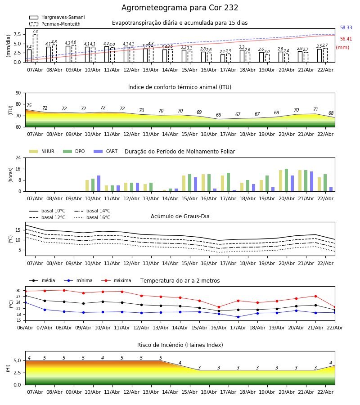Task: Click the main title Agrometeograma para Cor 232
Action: pyautogui.click(x=180, y=8)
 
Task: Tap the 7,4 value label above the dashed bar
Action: pyautogui.click(x=35, y=31)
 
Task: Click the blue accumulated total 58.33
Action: pyautogui.click(x=346, y=28)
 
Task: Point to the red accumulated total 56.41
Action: pyautogui.click(x=346, y=39)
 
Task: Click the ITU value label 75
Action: pyautogui.click(x=29, y=106)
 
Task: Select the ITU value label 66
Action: pyautogui.click(x=219, y=115)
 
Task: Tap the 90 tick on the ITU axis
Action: pyautogui.click(x=18, y=93)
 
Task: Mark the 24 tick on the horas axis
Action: pyautogui.click(x=18, y=157)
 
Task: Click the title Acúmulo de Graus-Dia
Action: pyautogui.click(x=180, y=216)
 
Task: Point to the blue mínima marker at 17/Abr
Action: pyautogui.click(x=238, y=317)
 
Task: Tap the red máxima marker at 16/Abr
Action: pyautogui.click(x=219, y=307)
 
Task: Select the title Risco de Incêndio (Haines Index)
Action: pyautogui.click(x=180, y=345)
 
